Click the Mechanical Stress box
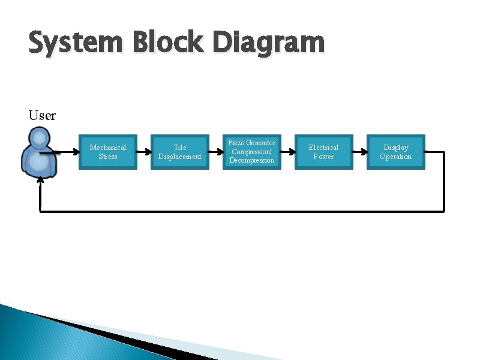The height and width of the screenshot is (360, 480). (x=108, y=152)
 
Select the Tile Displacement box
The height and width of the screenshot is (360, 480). (x=179, y=152)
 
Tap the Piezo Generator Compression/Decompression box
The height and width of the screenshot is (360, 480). (x=251, y=152)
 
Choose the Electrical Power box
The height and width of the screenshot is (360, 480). (x=323, y=152)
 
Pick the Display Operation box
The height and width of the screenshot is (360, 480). (x=395, y=152)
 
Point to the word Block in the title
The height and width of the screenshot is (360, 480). (x=161, y=43)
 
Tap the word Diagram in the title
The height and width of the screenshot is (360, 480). (x=268, y=43)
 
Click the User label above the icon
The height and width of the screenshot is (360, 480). (x=42, y=115)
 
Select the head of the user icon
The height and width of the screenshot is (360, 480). (x=39, y=140)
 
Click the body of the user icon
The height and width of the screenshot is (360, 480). (x=39, y=163)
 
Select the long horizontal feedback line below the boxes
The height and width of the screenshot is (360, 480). (x=240, y=211)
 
